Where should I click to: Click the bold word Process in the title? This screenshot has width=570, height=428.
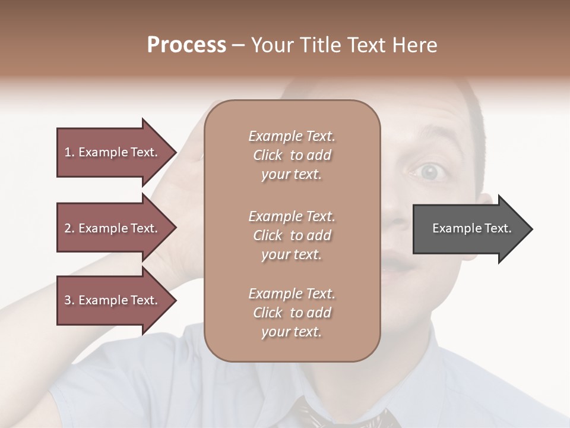point(186,45)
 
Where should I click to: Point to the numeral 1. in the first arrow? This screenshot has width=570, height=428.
point(69,152)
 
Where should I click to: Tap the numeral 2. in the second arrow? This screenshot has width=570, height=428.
point(69,228)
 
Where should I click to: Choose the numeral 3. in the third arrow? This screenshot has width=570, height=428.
point(69,300)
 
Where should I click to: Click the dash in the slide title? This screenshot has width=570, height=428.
point(239,45)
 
